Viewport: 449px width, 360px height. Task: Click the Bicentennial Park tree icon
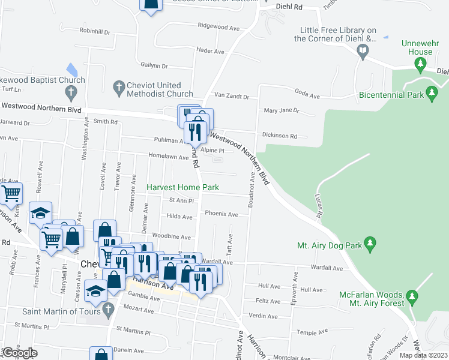(431, 93)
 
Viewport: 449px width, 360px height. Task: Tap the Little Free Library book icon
(363, 50)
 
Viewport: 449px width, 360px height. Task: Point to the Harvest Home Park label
(183, 187)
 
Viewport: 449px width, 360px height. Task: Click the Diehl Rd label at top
(289, 7)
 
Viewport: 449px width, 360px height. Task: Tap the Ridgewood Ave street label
(223, 26)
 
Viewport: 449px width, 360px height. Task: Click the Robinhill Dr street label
(95, 30)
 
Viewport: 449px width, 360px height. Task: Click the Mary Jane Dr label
(282, 110)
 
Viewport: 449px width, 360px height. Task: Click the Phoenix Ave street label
(221, 214)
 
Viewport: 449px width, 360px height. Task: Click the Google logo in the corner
(19, 353)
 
